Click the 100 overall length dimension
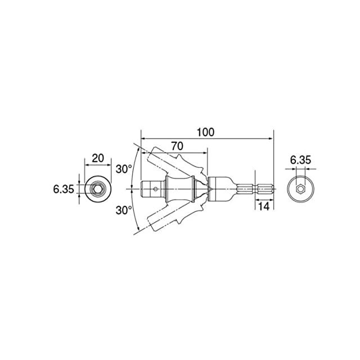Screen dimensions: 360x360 [x=206, y=132]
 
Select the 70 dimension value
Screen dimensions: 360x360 [x=177, y=146]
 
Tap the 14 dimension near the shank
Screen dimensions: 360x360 [x=264, y=206]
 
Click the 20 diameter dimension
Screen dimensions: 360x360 [x=98, y=158]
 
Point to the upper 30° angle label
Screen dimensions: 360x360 [x=124, y=169]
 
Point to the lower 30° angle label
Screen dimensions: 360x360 [x=124, y=210]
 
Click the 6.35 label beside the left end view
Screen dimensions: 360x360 [x=64, y=190]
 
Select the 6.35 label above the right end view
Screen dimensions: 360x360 [x=300, y=160]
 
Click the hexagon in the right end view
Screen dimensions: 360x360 [x=300, y=189]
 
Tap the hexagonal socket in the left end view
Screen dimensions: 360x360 [x=97, y=189]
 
